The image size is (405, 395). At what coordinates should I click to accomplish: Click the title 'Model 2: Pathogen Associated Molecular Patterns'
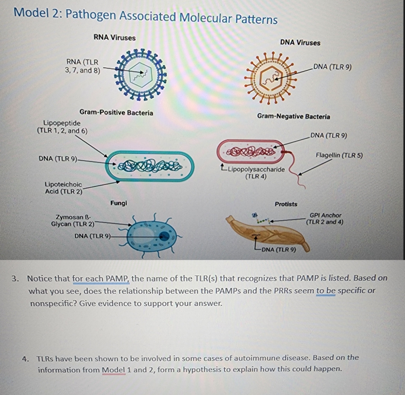[145, 16]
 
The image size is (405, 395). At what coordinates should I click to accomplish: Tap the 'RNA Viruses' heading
[115, 38]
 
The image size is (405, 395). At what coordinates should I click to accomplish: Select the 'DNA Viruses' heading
[300, 43]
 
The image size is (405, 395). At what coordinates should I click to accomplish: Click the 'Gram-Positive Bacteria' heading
[116, 113]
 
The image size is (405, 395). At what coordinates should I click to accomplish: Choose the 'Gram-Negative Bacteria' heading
[293, 117]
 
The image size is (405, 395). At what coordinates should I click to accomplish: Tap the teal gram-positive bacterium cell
[150, 166]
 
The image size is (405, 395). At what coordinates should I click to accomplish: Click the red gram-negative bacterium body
[251, 151]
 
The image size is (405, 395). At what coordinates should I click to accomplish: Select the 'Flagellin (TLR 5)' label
[339, 155]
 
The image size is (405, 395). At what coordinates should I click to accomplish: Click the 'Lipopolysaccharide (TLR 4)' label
[255, 173]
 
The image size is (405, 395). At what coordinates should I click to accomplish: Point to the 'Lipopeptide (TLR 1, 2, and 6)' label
[62, 127]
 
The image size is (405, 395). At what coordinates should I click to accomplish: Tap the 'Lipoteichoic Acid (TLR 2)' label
[63, 188]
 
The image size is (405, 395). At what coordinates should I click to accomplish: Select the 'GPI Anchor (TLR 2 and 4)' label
[325, 219]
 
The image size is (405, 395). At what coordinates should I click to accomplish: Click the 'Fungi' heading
[119, 203]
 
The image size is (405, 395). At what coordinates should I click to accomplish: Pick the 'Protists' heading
[286, 204]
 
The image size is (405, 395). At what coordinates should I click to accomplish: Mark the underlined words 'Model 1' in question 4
[113, 369]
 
